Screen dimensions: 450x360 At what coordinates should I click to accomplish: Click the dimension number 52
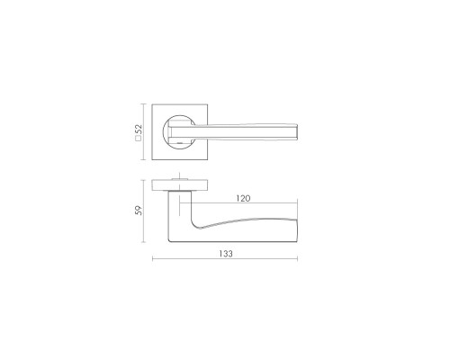[139, 130]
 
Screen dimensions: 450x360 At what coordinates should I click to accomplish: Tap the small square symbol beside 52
[139, 139]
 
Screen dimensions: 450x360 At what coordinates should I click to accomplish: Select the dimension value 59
[139, 211]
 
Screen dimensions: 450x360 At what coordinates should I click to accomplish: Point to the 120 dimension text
[243, 198]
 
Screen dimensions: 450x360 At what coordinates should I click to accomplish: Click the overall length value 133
[226, 254]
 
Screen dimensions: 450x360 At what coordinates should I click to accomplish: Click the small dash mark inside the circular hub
[180, 144]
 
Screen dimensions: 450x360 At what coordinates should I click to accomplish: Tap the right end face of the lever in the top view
[297, 131]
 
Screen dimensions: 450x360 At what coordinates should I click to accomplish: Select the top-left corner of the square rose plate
[152, 104]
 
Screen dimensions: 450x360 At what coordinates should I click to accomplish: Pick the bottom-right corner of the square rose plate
[207, 159]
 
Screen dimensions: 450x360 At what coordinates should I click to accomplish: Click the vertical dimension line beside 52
[144, 132]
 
